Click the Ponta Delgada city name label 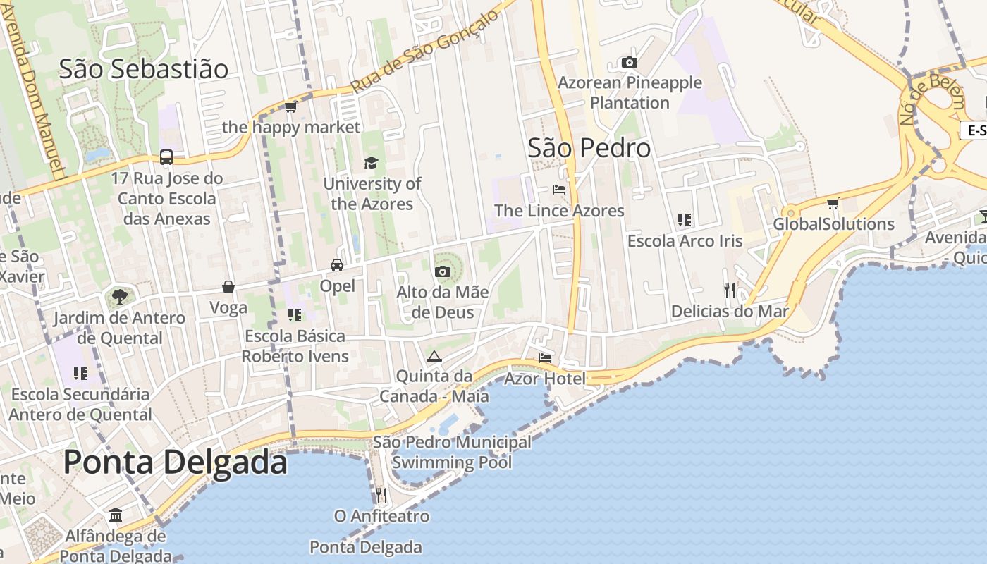pos(176,462)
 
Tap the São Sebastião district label pos(144,69)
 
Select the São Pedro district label pos(589,148)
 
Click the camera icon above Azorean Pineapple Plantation pos(630,63)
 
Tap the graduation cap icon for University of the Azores pos(371,164)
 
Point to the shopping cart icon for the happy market pos(290,107)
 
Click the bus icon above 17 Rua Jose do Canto pos(166,157)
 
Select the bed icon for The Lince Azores pos(559,190)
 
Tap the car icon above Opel pos(337,265)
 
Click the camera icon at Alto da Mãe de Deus pos(443,271)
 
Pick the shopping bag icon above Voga pos(228,287)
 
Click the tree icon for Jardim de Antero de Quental pos(119,296)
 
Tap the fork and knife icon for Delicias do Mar pos(730,290)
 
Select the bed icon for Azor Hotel pos(545,358)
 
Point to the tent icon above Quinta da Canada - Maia pos(434,356)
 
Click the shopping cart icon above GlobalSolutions pos(833,204)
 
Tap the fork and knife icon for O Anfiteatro pos(381,495)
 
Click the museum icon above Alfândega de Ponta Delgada pos(116,515)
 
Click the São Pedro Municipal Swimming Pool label pos(452,452)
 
